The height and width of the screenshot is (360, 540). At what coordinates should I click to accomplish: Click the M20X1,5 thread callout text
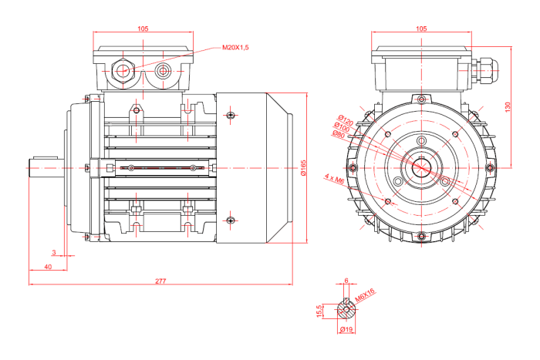235,48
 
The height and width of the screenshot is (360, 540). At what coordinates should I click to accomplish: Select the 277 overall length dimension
160,281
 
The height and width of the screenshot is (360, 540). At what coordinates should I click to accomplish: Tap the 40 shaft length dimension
48,266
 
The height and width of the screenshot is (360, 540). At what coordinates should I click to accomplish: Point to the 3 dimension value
53,252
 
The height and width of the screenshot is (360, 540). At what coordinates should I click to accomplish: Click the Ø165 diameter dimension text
303,168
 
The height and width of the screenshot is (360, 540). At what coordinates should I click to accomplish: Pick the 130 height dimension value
507,106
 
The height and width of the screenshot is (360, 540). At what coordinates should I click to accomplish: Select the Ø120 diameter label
344,121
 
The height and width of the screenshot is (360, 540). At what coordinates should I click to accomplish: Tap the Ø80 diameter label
337,134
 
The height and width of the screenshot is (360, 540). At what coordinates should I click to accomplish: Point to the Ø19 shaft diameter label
346,330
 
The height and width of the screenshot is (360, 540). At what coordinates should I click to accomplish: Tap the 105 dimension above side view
143,29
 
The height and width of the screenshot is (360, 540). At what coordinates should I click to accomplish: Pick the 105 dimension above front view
420,29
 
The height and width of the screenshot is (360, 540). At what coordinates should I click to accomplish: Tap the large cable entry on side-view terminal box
123,70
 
